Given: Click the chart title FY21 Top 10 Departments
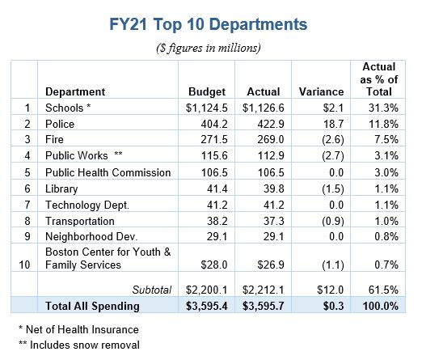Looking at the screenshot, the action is (x=208, y=24).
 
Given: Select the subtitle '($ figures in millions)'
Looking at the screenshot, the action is (x=209, y=48).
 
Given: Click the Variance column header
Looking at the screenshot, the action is (x=321, y=91).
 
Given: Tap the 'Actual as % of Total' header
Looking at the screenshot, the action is (x=379, y=79).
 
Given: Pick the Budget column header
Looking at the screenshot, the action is (x=207, y=92).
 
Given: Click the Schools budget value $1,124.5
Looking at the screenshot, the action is (x=207, y=108).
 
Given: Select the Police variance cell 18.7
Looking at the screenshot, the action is (x=333, y=124).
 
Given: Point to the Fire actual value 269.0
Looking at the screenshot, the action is (x=271, y=139).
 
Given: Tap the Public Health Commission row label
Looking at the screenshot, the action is (x=108, y=172).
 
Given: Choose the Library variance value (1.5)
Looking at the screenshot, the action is (x=333, y=188).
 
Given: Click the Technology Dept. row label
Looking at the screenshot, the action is (x=87, y=205).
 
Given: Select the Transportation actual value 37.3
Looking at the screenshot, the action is (x=274, y=221).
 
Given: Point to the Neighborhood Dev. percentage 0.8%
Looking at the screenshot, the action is (x=386, y=236).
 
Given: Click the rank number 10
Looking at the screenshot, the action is (x=24, y=265).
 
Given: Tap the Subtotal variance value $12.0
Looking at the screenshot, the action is (x=331, y=290).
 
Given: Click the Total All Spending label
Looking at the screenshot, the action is (x=92, y=306).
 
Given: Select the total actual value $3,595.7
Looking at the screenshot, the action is (x=263, y=306).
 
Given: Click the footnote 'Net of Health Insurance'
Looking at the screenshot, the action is (x=82, y=329).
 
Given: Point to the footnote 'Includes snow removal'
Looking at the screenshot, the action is (x=85, y=345).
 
